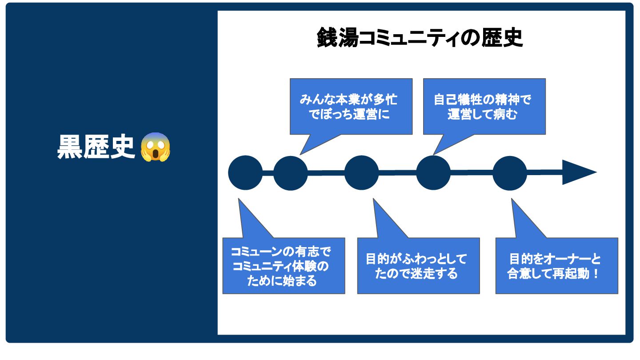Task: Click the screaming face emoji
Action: (156, 147)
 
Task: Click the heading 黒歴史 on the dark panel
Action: (96, 147)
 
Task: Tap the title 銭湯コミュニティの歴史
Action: (420, 38)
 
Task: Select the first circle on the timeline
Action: (245, 173)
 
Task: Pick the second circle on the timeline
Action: (291, 173)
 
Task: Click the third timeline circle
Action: (362, 173)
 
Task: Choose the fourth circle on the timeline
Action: (433, 173)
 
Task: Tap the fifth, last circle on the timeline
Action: (510, 173)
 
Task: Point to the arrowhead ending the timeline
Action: (578, 172)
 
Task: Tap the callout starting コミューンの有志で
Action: (284, 266)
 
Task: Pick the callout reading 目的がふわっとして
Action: (418, 266)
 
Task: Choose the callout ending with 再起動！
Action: (556, 266)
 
